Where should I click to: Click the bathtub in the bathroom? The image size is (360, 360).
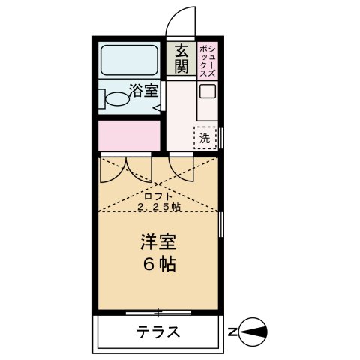pyautogui.click(x=128, y=59)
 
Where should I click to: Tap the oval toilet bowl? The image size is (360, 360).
pyautogui.click(x=117, y=97)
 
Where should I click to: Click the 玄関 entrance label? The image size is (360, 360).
pyautogui.click(x=181, y=59)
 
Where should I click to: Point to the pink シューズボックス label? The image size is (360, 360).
pyautogui.click(x=204, y=59)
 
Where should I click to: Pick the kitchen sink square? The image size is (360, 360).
pyautogui.click(x=207, y=92)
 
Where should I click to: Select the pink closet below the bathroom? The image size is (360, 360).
pyautogui.click(x=129, y=135)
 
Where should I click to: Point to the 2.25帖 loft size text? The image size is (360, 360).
pyautogui.click(x=159, y=208)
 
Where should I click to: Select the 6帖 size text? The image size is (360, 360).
pyautogui.click(x=159, y=265)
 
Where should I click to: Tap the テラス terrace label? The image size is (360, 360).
pyautogui.click(x=158, y=331)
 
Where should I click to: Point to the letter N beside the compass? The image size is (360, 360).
pyautogui.click(x=233, y=331)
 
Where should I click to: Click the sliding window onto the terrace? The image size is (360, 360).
pyautogui.click(x=159, y=310)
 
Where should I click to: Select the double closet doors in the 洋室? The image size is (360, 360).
pyautogui.click(x=126, y=169)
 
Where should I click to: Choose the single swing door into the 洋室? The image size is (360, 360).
pyautogui.click(x=181, y=166)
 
